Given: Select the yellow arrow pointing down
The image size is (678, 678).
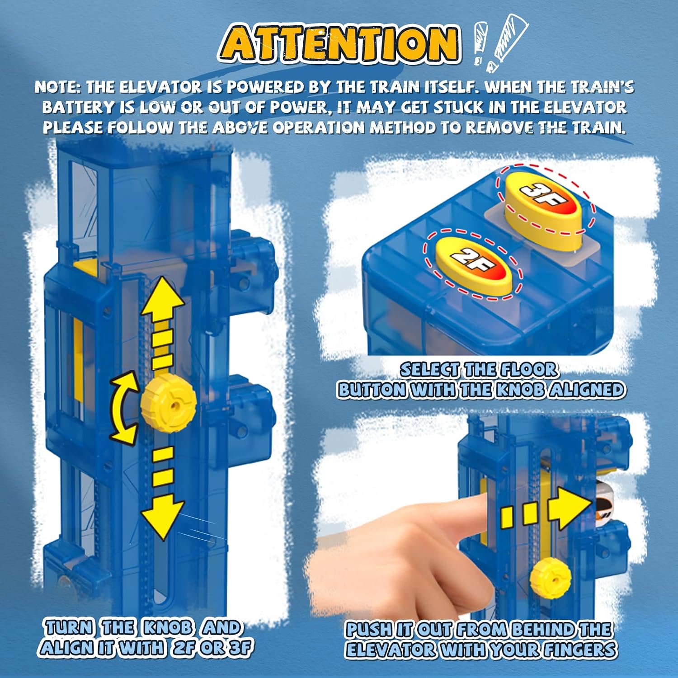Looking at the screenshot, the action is pyautogui.click(x=162, y=493).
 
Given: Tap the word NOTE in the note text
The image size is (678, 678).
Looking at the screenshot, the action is pyautogui.click(x=57, y=87).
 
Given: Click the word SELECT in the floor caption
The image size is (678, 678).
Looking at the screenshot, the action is pyautogui.click(x=429, y=370).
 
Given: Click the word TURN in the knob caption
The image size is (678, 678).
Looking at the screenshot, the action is pyautogui.click(x=69, y=627).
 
